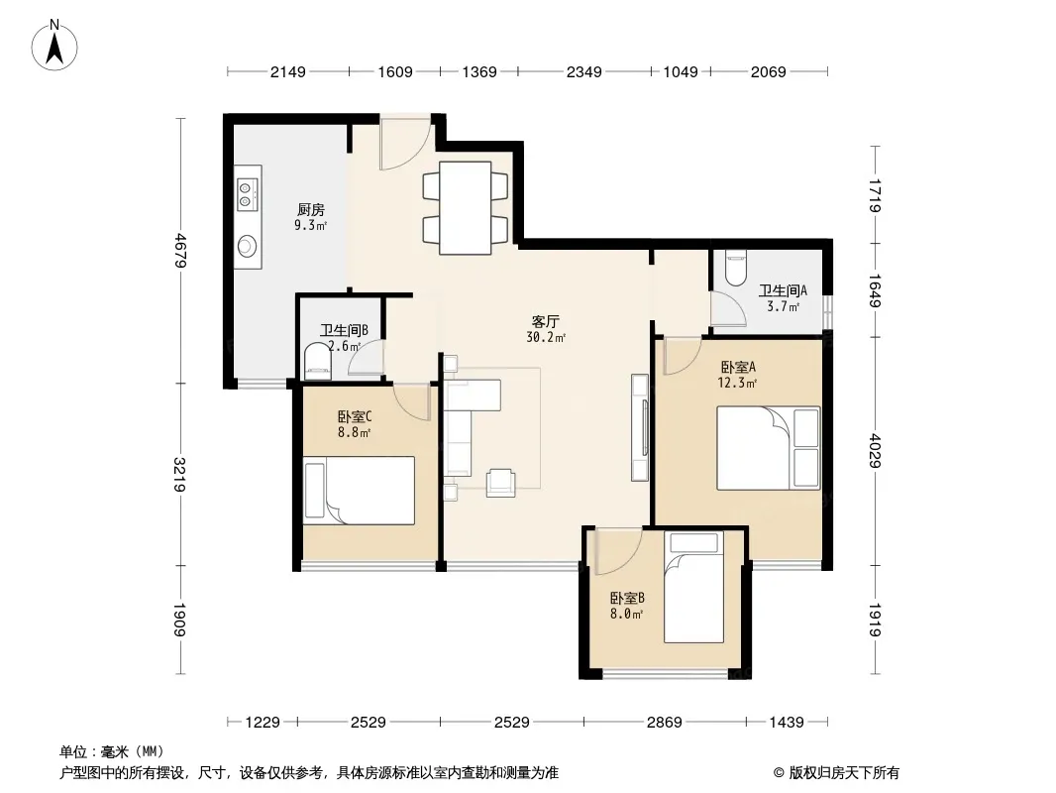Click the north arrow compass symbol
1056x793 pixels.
click(x=54, y=46)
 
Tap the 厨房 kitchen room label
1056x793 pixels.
click(x=310, y=209)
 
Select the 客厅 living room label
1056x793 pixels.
click(x=546, y=321)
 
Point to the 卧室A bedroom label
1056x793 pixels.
click(x=738, y=367)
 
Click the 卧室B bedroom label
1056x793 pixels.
click(x=627, y=598)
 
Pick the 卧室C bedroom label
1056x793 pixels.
click(x=355, y=417)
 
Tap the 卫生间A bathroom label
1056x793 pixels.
click(x=783, y=290)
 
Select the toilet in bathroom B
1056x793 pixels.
click(x=318, y=359)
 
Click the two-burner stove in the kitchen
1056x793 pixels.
click(x=247, y=194)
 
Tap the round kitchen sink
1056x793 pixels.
click(x=248, y=246)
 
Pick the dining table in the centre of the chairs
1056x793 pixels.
click(x=466, y=207)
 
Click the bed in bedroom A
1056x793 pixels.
click(x=769, y=448)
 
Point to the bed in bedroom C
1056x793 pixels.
click(x=359, y=491)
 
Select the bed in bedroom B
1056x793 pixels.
click(x=693, y=587)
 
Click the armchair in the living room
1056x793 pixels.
click(x=501, y=483)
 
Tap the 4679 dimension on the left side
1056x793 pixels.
click(x=180, y=250)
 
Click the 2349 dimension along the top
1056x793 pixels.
click(x=583, y=71)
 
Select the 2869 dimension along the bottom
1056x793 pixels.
click(x=665, y=723)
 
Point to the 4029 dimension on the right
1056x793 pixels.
click(x=875, y=451)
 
